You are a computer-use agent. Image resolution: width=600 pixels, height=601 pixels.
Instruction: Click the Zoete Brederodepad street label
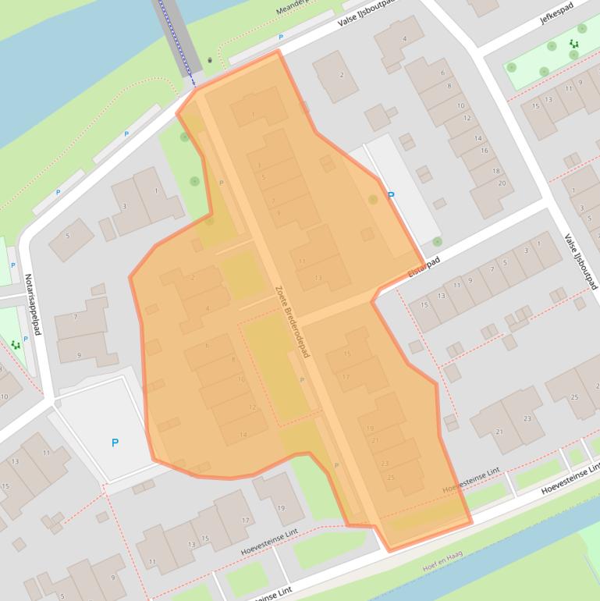tap(293, 322)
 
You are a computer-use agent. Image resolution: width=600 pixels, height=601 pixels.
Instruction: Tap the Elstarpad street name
tap(424, 267)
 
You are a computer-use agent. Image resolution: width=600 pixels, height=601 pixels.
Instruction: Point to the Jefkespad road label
tap(556, 13)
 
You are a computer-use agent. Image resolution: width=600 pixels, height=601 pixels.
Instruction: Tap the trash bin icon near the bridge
tap(210, 61)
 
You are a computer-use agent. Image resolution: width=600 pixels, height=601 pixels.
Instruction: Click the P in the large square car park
tap(115, 443)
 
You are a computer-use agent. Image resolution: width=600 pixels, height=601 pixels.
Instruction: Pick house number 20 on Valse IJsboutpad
tap(502, 183)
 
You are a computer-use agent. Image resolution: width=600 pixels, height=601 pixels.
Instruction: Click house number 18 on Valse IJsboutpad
tap(496, 171)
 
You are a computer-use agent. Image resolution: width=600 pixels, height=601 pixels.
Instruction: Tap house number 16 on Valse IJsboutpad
tap(484, 151)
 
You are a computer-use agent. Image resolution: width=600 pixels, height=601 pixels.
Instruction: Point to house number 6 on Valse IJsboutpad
tap(442, 73)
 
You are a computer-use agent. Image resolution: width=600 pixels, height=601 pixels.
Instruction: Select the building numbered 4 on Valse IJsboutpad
tap(403, 39)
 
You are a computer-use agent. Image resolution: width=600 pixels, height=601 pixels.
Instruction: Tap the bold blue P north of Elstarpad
tap(391, 196)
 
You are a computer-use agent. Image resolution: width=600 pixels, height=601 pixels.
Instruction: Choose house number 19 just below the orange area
tap(281, 509)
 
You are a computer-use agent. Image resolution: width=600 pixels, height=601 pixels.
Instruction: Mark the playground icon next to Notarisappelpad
tap(15, 344)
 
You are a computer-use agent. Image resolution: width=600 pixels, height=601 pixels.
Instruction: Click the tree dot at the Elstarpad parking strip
tap(437, 242)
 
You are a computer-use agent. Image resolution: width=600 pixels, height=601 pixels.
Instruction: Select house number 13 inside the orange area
tap(318, 278)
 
